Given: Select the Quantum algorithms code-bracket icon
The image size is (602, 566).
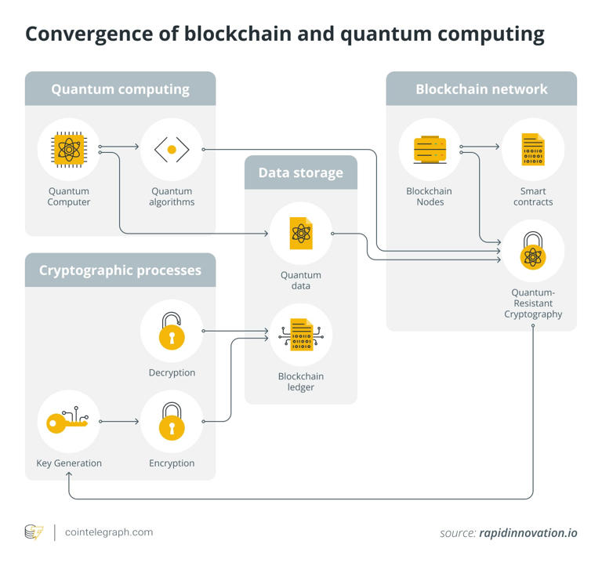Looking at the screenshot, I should [172, 149].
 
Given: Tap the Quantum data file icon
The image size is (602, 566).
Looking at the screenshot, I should [301, 233].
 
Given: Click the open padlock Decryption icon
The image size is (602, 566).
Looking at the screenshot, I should [172, 330].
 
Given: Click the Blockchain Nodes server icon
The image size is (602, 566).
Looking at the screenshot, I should [430, 149].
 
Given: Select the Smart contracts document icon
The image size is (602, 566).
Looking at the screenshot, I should [533, 149].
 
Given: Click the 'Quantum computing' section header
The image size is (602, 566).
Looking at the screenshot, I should [120, 89].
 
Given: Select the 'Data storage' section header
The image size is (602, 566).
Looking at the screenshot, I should [301, 172].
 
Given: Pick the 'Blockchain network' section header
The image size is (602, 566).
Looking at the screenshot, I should [481, 89].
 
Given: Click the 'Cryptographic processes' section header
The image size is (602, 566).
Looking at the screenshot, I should [120, 270].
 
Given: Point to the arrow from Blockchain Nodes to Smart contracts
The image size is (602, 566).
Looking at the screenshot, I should [481, 147].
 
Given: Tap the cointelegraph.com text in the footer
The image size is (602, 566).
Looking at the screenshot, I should [109, 532].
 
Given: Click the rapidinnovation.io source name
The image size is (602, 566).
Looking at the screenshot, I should [528, 533].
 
